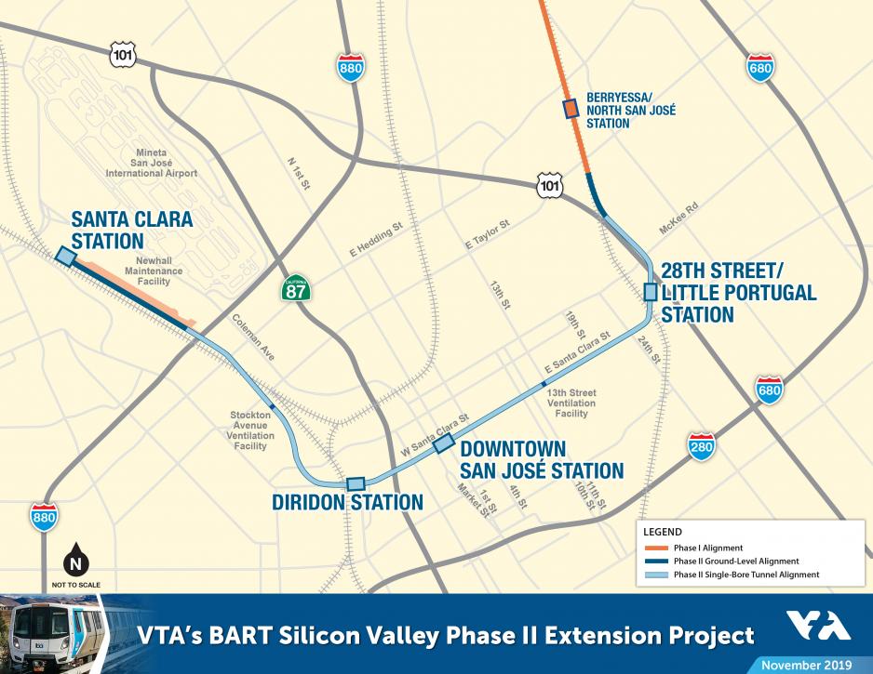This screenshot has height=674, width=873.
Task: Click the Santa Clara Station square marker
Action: click(x=65, y=257)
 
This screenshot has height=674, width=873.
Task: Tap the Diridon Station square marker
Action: click(x=356, y=483)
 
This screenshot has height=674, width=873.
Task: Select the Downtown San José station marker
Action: click(x=443, y=441)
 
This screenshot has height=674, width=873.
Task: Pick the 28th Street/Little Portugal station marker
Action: click(x=651, y=292)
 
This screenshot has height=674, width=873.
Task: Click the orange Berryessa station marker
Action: click(x=571, y=110)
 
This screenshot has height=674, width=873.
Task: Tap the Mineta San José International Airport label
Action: click(x=152, y=163)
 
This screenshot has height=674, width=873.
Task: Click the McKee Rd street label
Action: click(x=678, y=219)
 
